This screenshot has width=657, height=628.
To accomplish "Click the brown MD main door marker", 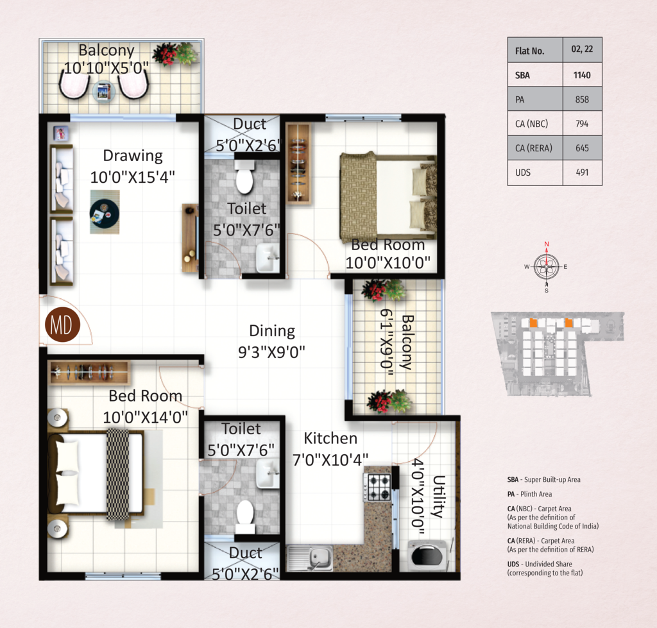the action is point(62,325).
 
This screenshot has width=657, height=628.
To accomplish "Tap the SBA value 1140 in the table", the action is point(582,76).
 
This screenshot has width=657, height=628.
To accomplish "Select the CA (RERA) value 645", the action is point(582,148).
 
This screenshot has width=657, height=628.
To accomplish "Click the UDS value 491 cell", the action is point(582,173).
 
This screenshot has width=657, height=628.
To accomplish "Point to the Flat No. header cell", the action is point(535,50).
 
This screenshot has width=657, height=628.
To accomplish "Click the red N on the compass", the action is point(547,244).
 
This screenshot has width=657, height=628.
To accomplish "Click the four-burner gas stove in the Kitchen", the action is point(377,488).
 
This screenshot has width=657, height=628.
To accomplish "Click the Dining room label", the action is point(272,330).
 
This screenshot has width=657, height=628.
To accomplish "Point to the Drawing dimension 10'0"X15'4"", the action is point(132,177).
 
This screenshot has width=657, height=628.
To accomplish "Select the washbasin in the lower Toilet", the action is point(268,473).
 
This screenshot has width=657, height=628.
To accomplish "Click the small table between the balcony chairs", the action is point(103,91).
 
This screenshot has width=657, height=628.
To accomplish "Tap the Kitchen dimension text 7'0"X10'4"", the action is point(330,460).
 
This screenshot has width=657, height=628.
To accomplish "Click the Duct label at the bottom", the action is point(246,553).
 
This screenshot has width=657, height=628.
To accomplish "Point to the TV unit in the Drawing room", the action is point(190,238).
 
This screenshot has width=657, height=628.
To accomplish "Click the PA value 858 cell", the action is point(582,99).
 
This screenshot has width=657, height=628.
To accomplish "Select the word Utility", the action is point(438,496).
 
